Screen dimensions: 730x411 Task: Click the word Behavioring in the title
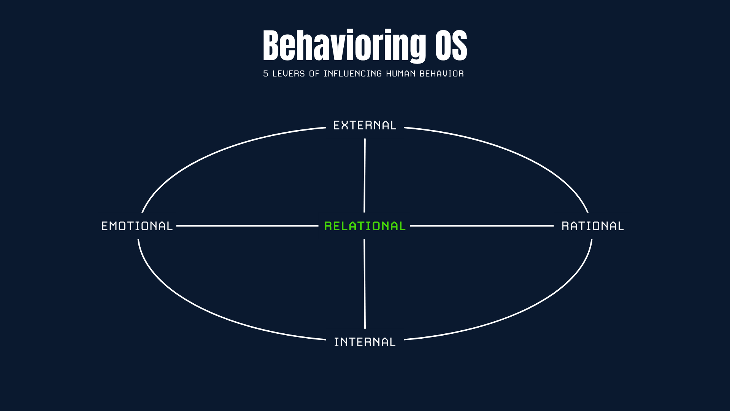pos(344,46)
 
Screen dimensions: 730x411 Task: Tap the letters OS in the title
pos(451,46)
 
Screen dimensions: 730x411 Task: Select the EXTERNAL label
pos(365,125)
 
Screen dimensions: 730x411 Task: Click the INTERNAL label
pos(365,342)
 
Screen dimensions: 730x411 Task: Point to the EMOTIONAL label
pos(137,226)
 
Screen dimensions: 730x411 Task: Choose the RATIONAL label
pos(592,226)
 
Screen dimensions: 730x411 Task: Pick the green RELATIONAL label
pos(365,226)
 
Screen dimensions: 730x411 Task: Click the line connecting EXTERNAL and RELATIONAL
pos(365,175)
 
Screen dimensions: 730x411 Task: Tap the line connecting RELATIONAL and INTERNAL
pos(365,284)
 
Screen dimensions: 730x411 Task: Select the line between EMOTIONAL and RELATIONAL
pos(247,226)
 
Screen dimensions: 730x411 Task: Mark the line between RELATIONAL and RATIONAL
pos(482,226)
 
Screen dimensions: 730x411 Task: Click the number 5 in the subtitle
pos(265,74)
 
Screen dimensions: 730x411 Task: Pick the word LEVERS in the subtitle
pos(289,74)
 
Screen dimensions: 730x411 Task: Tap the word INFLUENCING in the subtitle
pos(352,74)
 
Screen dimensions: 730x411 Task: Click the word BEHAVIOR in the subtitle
pos(441,74)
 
